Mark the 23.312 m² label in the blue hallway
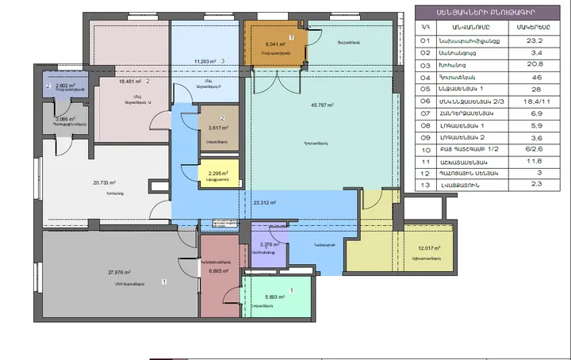click(264, 202)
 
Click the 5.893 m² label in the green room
click(276, 298)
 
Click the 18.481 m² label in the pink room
click(129, 81)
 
